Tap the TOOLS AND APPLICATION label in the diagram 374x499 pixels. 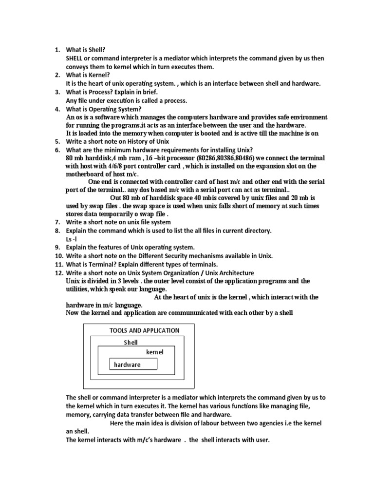tap(145, 330)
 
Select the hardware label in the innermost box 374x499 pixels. tap(127, 365)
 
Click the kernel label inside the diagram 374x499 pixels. tap(155, 352)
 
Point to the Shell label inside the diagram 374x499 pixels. tap(131, 343)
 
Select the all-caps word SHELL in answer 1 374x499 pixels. tap(75, 58)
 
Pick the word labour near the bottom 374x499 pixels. tap(201, 423)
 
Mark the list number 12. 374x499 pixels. tap(58, 273)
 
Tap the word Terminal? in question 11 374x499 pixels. tap(102, 265)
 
